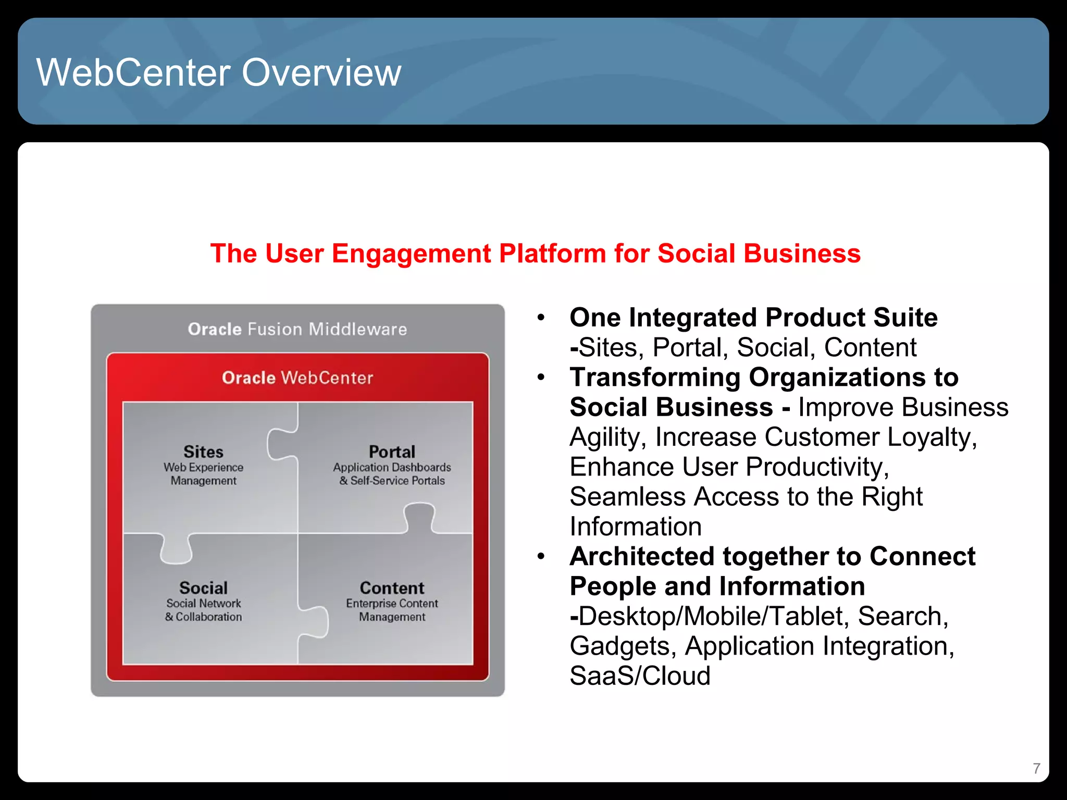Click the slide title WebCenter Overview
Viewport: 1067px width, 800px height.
pyautogui.click(x=218, y=72)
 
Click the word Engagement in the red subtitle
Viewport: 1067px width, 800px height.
pyautogui.click(x=411, y=254)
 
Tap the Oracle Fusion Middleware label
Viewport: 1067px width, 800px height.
pyautogui.click(x=297, y=329)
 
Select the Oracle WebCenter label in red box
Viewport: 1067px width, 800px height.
pyautogui.click(x=297, y=378)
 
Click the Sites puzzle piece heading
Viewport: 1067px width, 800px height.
pyautogui.click(x=203, y=452)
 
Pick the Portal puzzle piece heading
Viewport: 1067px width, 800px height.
pyautogui.click(x=392, y=452)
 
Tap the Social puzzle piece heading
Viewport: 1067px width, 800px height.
pyautogui.click(x=203, y=588)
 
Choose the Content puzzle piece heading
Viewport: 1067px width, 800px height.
pyautogui.click(x=392, y=588)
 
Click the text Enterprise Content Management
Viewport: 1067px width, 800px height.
pyautogui.click(x=392, y=610)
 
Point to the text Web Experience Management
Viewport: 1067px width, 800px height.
pyautogui.click(x=203, y=474)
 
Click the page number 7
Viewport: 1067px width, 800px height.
pyautogui.click(x=1036, y=768)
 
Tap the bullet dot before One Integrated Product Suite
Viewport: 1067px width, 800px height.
pyautogui.click(x=541, y=317)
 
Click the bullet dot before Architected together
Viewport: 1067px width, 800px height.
pyautogui.click(x=541, y=556)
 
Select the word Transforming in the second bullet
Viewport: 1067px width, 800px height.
pyautogui.click(x=654, y=377)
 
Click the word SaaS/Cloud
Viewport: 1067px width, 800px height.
pyautogui.click(x=640, y=676)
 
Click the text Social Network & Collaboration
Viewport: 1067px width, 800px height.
pyautogui.click(x=203, y=610)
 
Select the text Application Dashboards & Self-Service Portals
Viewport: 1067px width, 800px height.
pyautogui.click(x=392, y=474)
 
